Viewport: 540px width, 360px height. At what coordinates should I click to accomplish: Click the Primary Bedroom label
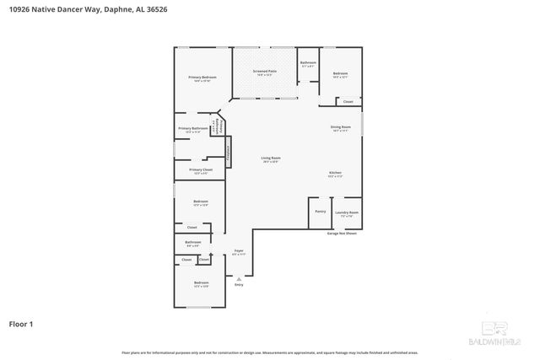point(202,78)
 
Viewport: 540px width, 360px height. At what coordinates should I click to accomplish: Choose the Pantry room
point(320,212)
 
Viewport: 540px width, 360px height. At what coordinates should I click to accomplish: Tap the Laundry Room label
point(347,213)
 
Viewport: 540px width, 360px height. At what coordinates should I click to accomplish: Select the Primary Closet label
point(201,170)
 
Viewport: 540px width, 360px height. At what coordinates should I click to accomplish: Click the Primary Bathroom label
point(192,129)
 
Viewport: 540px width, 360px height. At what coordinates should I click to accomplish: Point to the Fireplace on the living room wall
point(228,153)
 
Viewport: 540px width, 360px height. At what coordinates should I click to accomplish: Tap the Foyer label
point(239,252)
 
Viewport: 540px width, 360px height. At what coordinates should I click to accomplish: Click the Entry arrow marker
point(239,279)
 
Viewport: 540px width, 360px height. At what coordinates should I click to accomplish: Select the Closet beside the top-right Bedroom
point(348,102)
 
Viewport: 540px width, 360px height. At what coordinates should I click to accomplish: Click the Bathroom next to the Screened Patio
point(308,63)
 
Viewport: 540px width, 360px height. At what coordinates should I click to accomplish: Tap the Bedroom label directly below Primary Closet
point(201,202)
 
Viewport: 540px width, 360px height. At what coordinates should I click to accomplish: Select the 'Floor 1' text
point(21,323)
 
